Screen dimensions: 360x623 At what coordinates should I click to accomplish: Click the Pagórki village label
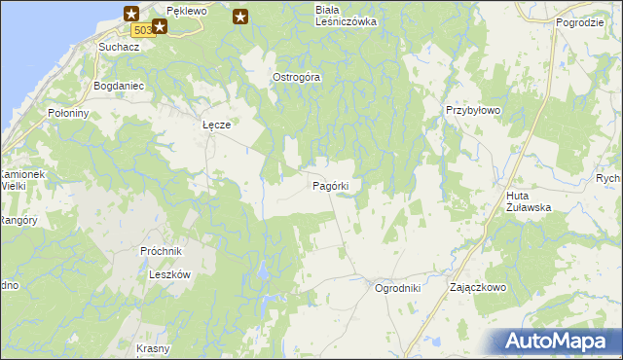click(x=337, y=185)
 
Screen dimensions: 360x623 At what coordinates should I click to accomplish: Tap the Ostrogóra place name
click(x=296, y=77)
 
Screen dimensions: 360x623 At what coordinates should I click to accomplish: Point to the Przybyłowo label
click(x=473, y=111)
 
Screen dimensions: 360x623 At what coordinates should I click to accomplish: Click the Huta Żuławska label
click(x=529, y=201)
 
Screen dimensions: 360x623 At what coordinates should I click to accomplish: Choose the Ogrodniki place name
click(x=397, y=288)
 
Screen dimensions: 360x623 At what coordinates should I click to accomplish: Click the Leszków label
click(x=168, y=274)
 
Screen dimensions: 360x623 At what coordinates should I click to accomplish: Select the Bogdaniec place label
click(x=118, y=86)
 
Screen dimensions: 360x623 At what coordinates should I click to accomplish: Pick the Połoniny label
click(x=68, y=113)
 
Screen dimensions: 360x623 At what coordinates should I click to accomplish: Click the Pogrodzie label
click(x=580, y=21)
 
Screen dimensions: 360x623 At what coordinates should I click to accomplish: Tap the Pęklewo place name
click(x=187, y=10)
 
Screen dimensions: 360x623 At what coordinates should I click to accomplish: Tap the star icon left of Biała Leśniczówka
click(x=240, y=16)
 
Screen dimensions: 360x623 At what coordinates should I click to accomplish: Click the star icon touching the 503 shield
click(x=159, y=26)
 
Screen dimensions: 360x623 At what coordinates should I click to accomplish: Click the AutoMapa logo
click(x=554, y=341)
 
